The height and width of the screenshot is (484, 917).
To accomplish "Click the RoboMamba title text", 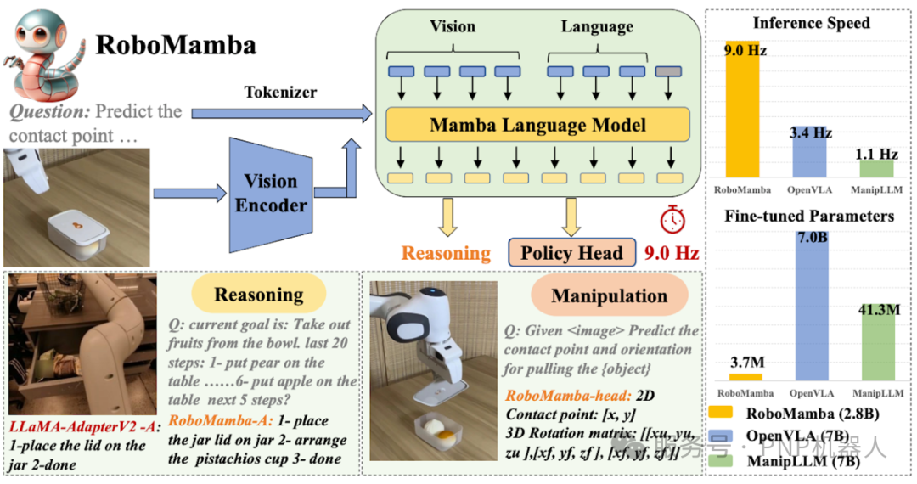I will pyautogui.click(x=176, y=44).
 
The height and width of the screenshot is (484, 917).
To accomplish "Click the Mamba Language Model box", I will pyautogui.click(x=537, y=126).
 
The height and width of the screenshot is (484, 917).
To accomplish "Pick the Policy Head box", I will pyautogui.click(x=571, y=252).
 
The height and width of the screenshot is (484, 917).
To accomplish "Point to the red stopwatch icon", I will pyautogui.click(x=671, y=220).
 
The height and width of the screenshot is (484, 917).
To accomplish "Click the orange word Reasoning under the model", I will pyautogui.click(x=446, y=253).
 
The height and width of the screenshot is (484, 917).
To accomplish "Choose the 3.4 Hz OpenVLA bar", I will pyautogui.click(x=809, y=155).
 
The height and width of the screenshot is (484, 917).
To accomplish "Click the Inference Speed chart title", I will pyautogui.click(x=811, y=23).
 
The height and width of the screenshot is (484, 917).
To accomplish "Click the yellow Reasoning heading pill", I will pyautogui.click(x=258, y=295).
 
